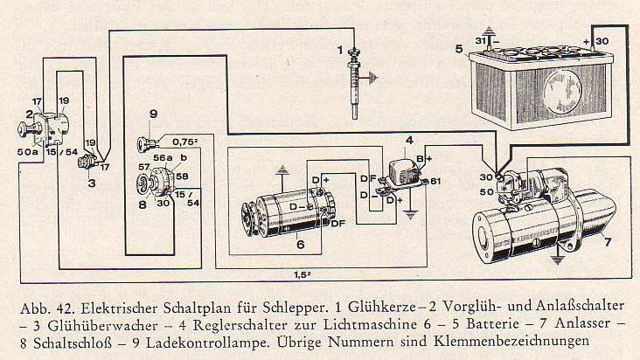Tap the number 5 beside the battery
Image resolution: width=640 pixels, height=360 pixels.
coord(459,50)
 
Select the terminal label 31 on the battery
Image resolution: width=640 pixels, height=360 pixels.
coord(480,41)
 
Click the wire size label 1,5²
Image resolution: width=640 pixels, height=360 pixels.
coord(304,273)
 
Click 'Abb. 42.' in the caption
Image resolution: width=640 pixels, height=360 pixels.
coord(46,309)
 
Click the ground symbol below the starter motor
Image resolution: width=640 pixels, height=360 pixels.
coord(556,258)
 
